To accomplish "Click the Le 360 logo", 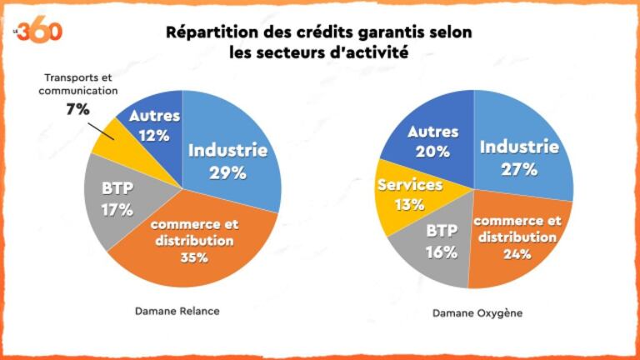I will tap(39, 31).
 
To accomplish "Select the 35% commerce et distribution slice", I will tap(197, 242).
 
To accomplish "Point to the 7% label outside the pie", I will tap(77, 108).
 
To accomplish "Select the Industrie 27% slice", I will tap(520, 158).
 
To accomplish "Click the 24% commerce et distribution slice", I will tap(514, 238).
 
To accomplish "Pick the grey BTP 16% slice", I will tap(440, 242).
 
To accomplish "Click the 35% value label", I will tap(194, 257).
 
